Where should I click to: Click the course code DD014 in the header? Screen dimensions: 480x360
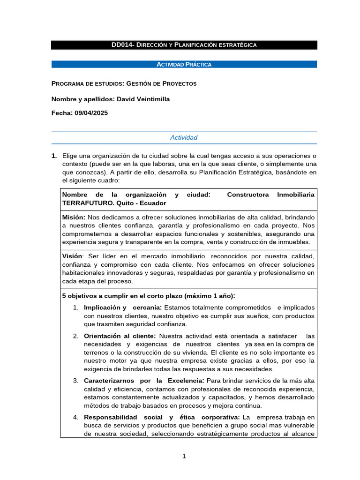(x=120, y=45)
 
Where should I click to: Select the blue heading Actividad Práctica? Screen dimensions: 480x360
(x=184, y=64)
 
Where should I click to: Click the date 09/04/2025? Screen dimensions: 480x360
(x=91, y=113)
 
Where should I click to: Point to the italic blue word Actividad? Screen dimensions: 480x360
(x=184, y=137)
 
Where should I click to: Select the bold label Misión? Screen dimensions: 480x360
(x=74, y=217)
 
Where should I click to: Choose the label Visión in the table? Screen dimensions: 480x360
(x=72, y=256)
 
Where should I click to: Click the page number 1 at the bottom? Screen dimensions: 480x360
(x=184, y=456)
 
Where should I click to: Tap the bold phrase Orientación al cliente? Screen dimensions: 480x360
(x=120, y=336)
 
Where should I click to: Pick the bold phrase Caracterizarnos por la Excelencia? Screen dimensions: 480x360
(x=144, y=380)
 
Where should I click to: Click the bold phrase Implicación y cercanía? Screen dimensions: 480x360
(x=123, y=307)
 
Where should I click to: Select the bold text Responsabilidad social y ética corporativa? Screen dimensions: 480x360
(x=162, y=417)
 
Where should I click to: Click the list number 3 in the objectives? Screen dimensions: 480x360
(x=75, y=380)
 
